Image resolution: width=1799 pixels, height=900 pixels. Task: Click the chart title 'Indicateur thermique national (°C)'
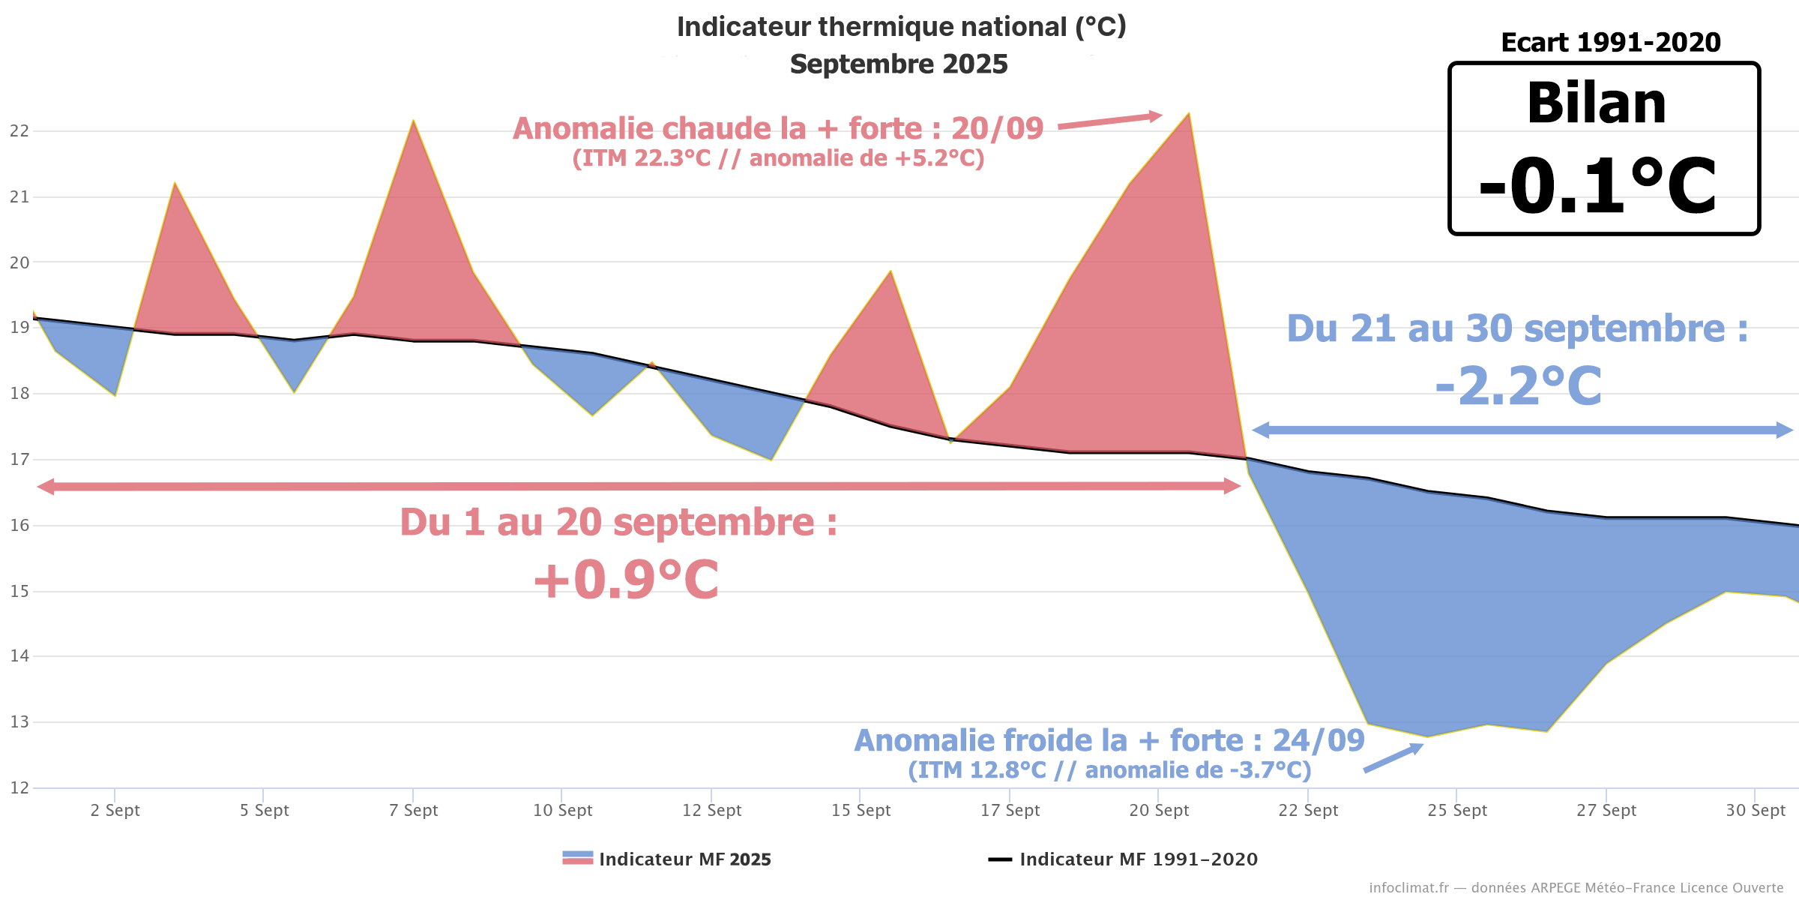[x=901, y=27]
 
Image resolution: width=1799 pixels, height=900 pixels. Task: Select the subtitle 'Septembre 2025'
[x=899, y=64]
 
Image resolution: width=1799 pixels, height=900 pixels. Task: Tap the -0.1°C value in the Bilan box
[x=1597, y=186]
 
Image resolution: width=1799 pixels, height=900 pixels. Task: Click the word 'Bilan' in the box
[x=1597, y=103]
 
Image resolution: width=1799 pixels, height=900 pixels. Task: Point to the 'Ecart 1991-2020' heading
[x=1611, y=43]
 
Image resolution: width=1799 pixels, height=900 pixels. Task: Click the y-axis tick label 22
[x=19, y=131]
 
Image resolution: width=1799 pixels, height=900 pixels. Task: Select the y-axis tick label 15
[x=19, y=592]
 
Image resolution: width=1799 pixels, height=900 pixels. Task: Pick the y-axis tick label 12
[x=19, y=788]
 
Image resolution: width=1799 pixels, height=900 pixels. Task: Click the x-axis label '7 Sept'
[x=413, y=811]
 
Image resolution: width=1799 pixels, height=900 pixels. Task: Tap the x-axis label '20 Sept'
[x=1159, y=811]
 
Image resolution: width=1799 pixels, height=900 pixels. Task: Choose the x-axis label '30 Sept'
[x=1756, y=811]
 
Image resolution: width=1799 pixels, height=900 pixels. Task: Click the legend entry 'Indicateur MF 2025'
[x=667, y=859]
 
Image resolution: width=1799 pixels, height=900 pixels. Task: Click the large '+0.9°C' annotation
[x=626, y=580]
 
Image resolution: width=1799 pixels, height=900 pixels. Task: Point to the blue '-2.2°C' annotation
[x=1519, y=386]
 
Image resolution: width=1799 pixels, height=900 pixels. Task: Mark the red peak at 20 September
[x=1188, y=115]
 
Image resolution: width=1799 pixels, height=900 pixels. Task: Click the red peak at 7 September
[x=413, y=121]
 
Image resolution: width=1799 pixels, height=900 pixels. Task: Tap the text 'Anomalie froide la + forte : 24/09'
[x=1109, y=741]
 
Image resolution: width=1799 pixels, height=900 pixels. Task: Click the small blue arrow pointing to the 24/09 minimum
[x=1393, y=758]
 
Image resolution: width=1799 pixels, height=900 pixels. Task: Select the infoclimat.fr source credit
[x=1576, y=888]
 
